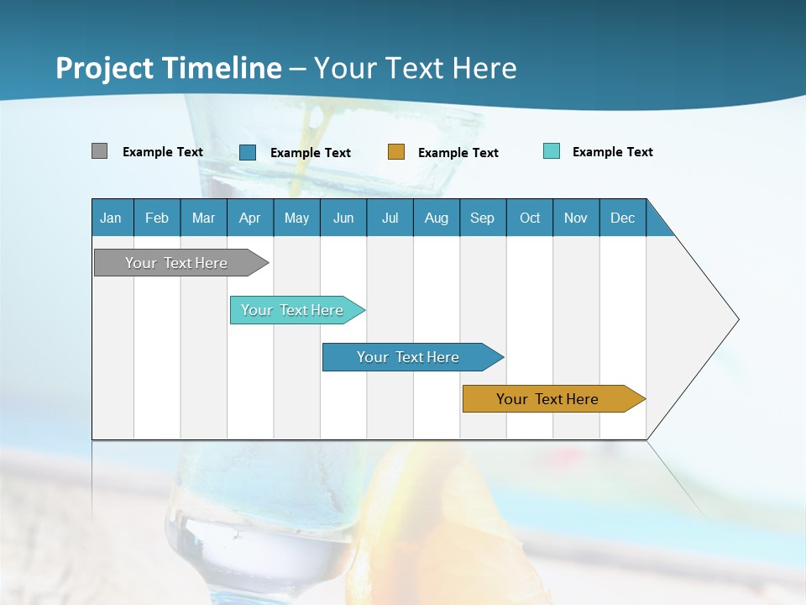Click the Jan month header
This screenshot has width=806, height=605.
click(x=112, y=218)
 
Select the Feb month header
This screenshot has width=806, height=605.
click(x=157, y=218)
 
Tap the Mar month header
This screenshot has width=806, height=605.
click(x=203, y=218)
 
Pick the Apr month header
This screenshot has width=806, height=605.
click(x=250, y=218)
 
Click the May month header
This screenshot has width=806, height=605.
click(x=296, y=218)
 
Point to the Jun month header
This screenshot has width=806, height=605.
click(x=343, y=218)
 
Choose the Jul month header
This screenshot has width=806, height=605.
click(x=390, y=218)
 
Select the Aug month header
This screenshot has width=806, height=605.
click(x=437, y=218)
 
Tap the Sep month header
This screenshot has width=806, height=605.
click(x=483, y=218)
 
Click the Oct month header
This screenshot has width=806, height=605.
click(x=530, y=218)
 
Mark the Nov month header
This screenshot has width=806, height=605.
click(x=576, y=218)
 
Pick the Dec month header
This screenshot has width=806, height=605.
click(x=623, y=218)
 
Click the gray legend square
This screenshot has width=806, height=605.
click(x=100, y=151)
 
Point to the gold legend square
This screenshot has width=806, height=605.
click(x=396, y=152)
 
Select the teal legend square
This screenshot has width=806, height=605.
click(x=552, y=151)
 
